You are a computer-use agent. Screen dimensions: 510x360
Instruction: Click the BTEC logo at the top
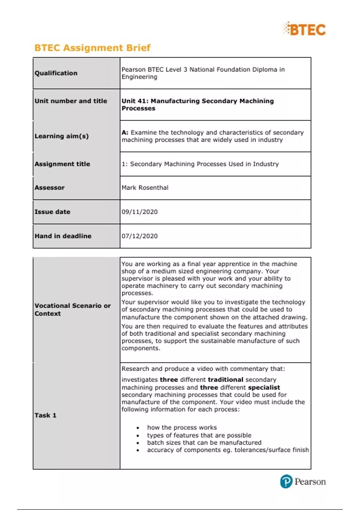[304, 29]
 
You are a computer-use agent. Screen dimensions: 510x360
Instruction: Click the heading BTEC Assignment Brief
[92, 48]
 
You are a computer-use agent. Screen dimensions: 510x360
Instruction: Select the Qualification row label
[56, 73]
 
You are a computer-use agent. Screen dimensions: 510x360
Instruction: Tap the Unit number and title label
[71, 101]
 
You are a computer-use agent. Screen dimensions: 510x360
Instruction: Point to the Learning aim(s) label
[61, 136]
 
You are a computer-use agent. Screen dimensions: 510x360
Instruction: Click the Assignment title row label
[62, 164]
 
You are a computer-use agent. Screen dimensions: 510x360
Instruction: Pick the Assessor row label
[49, 188]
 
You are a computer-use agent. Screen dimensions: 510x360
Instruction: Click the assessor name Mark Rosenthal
[145, 188]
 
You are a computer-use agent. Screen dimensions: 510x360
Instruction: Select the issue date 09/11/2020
[139, 212]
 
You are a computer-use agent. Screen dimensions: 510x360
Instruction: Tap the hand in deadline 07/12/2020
[139, 236]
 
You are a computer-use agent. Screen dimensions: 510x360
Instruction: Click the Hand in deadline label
[63, 236]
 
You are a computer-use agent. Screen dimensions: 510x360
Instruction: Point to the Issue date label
[52, 212]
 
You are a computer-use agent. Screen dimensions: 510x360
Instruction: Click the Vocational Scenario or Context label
[72, 310]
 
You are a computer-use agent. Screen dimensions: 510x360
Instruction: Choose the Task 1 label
[45, 415]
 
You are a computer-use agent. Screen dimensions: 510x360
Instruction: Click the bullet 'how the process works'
[182, 427]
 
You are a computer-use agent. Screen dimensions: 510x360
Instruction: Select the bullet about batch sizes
[204, 442]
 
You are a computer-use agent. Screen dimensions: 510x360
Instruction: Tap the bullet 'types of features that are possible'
[199, 435]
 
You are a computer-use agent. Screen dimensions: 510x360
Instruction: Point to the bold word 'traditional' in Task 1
[226, 380]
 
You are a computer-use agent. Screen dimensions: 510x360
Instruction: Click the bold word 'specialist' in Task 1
[264, 388]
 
